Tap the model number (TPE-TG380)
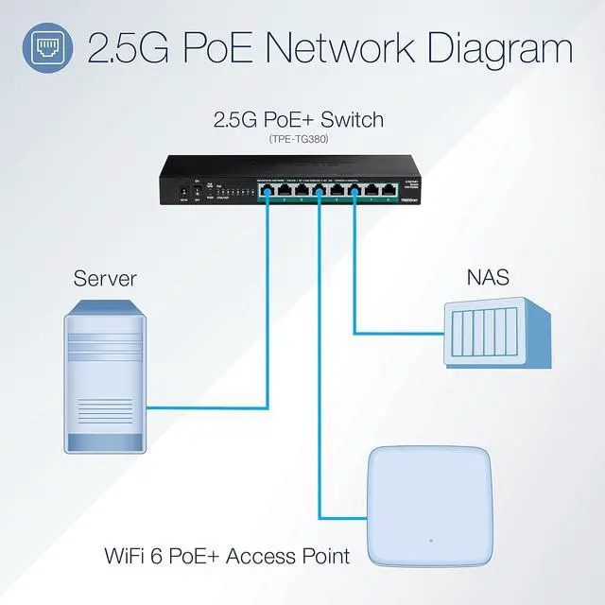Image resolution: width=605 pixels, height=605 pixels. pyautogui.click(x=299, y=139)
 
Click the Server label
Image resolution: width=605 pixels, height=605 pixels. pyautogui.click(x=105, y=278)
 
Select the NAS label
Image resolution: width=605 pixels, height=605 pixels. pyautogui.click(x=487, y=277)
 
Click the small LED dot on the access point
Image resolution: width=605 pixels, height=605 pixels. pyautogui.click(x=429, y=542)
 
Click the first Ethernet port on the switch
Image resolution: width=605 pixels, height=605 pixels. pyautogui.click(x=268, y=190)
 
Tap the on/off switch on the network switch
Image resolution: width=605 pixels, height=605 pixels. pyautogui.click(x=197, y=191)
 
